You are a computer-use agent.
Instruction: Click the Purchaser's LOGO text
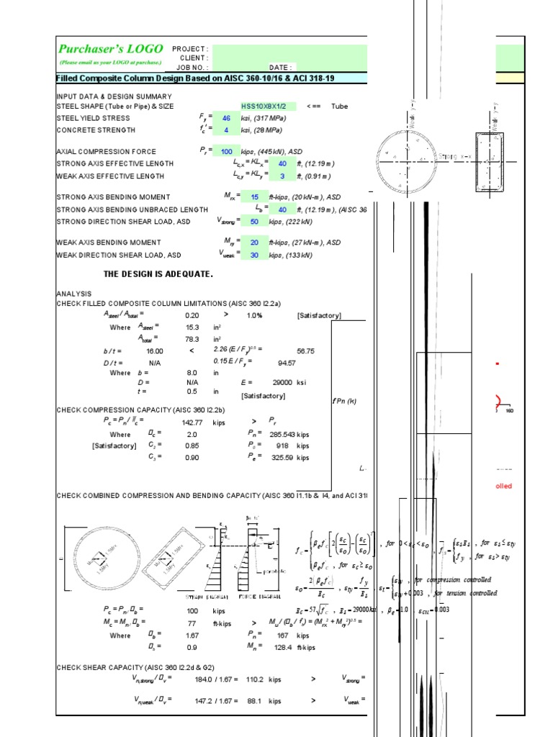click(108, 49)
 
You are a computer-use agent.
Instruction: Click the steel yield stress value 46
click(226, 118)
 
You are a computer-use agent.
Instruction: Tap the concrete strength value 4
click(226, 130)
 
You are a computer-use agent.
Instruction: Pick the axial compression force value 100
click(226, 151)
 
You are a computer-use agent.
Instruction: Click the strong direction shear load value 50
click(254, 222)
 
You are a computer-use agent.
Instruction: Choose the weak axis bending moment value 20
click(254, 243)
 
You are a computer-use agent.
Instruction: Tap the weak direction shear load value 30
click(254, 255)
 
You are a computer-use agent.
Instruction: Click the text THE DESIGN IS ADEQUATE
click(158, 274)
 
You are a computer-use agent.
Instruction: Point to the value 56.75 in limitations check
click(305, 351)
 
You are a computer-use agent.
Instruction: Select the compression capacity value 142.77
click(192, 422)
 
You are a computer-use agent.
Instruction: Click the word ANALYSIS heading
click(74, 294)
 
